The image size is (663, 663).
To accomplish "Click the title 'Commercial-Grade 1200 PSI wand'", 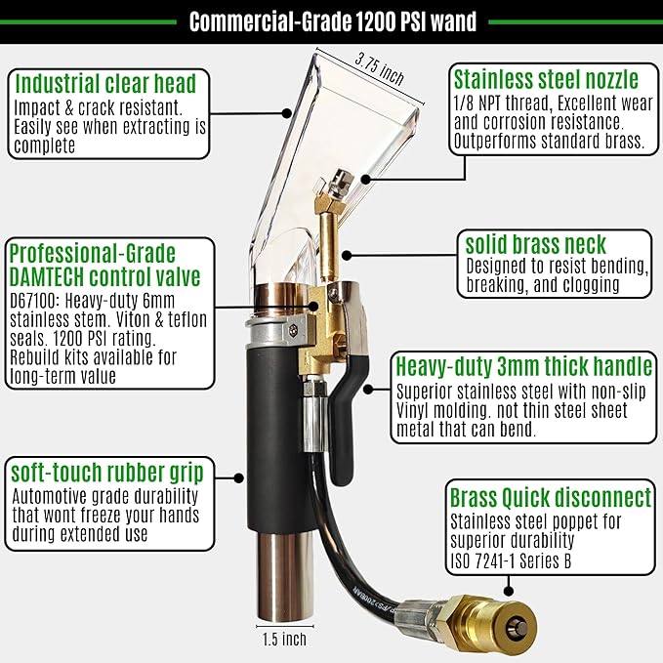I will click(x=331, y=21).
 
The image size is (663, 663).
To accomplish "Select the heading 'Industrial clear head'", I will click(x=105, y=82).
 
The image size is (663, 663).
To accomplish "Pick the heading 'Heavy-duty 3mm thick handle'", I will click(x=523, y=367).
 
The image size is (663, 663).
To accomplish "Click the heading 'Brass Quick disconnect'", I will click(x=550, y=497).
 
